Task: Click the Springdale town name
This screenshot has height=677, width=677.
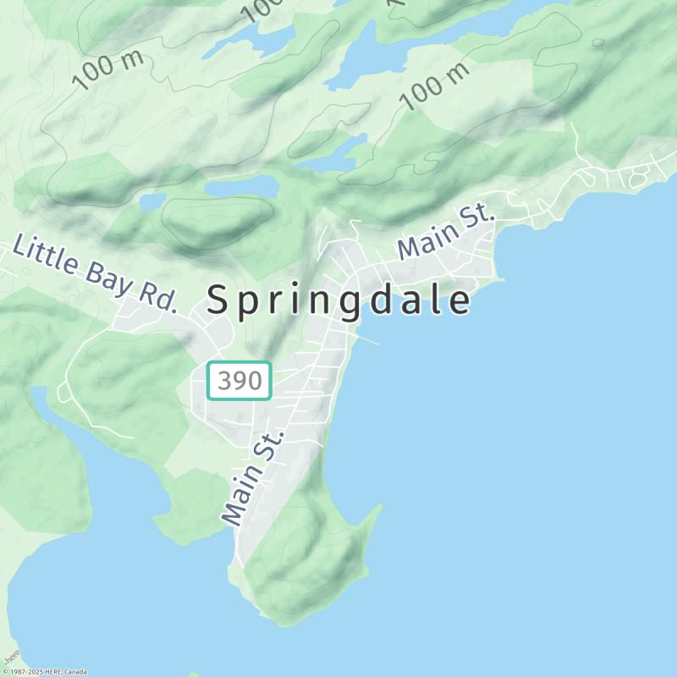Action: (x=338, y=300)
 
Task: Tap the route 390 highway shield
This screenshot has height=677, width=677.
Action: (x=239, y=381)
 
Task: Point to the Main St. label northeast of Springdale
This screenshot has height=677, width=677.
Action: (x=446, y=234)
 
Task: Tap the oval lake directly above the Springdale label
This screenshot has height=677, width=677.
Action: (x=243, y=186)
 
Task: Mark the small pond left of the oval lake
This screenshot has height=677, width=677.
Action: (x=153, y=201)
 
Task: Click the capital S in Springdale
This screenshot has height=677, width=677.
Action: (x=217, y=300)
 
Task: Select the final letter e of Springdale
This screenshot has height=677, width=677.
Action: (x=460, y=301)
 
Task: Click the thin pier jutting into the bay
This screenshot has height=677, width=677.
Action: (x=369, y=340)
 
